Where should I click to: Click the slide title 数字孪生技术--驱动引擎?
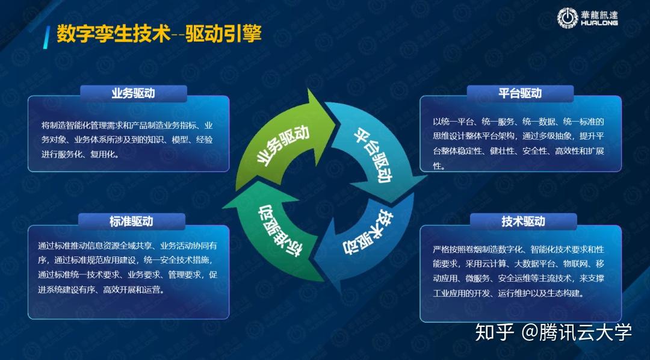click(159, 33)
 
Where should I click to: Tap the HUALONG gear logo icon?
click(567, 18)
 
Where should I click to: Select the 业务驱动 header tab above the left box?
click(134, 93)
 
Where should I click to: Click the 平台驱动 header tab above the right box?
click(520, 93)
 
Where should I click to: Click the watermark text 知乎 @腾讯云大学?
click(553, 332)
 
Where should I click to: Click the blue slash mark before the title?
click(46, 35)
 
